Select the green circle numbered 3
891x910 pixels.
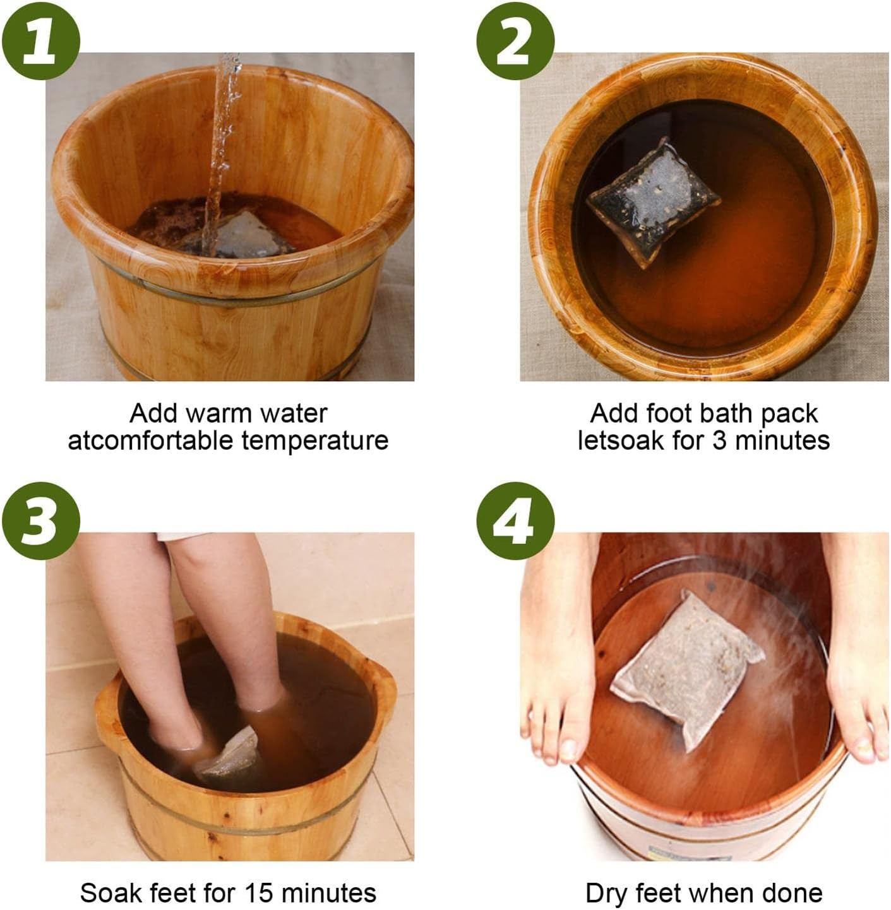[40, 520]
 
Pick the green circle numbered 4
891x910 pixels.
[515, 520]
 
